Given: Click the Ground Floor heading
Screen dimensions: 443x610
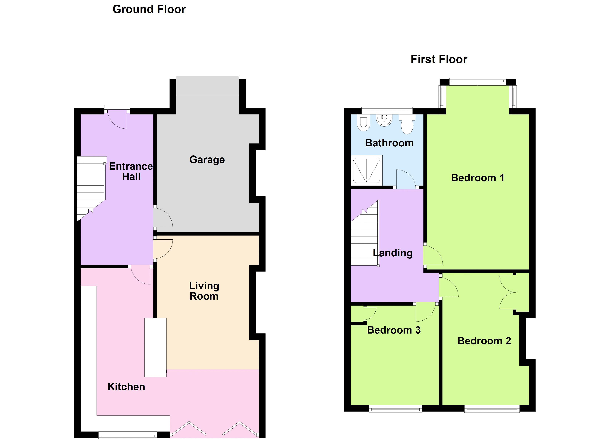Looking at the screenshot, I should pyautogui.click(x=149, y=9).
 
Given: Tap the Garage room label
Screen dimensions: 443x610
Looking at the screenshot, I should pyautogui.click(x=207, y=160).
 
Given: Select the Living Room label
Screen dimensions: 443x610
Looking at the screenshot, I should pyautogui.click(x=204, y=291).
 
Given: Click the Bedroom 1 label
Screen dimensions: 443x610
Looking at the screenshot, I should pyautogui.click(x=477, y=178).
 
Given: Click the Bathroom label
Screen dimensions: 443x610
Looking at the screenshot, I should pyautogui.click(x=389, y=143).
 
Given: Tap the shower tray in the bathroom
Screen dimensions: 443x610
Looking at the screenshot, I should pyautogui.click(x=366, y=170).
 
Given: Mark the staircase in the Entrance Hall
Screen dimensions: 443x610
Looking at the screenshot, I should pyautogui.click(x=91, y=185).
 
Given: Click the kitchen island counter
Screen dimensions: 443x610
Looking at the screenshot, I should pyautogui.click(x=155, y=347).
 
